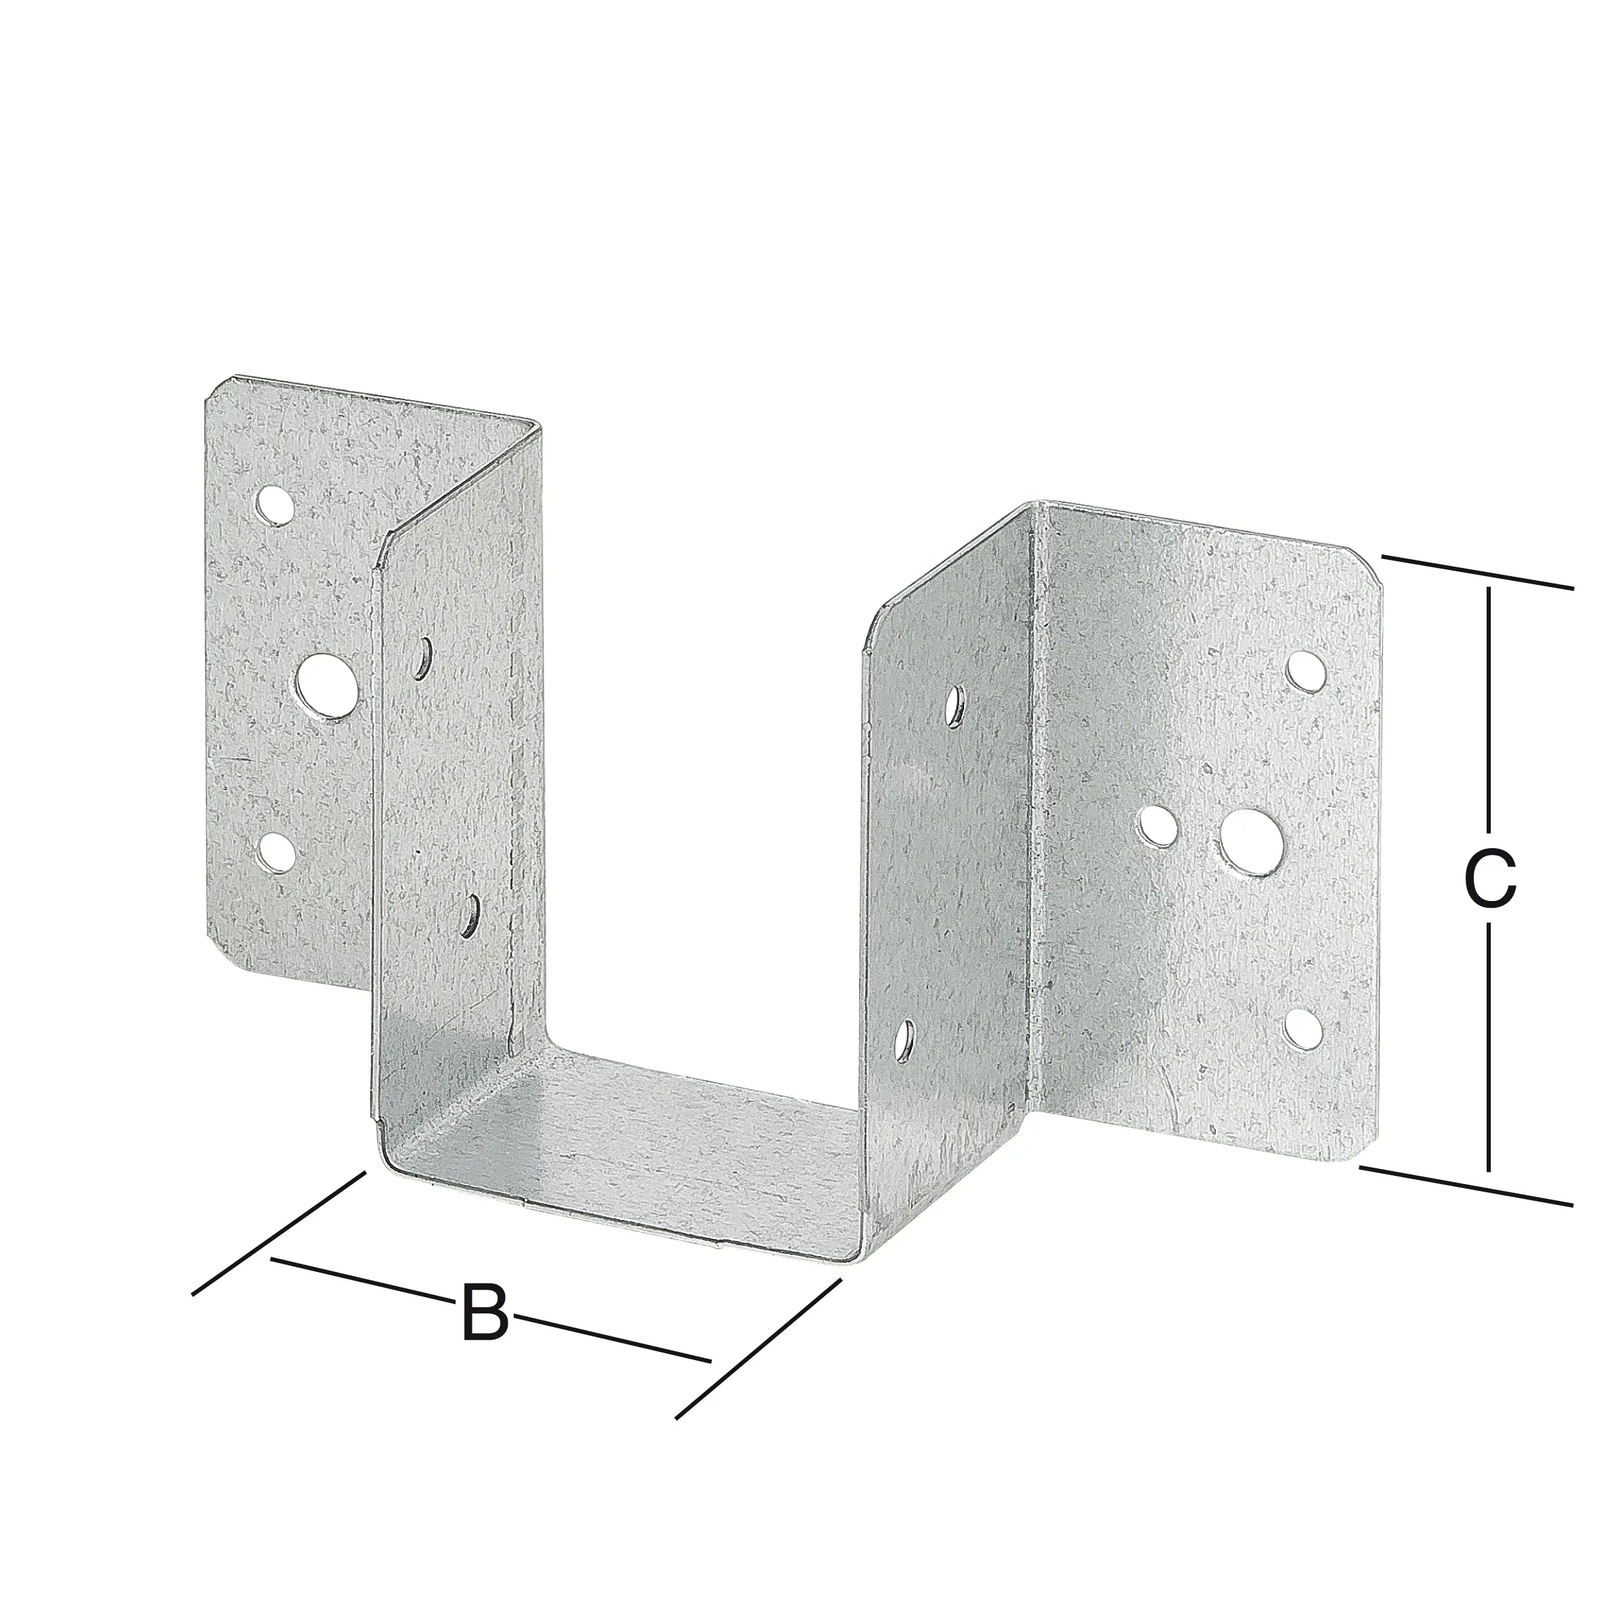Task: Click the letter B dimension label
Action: [484, 1313]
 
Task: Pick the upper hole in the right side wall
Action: [956, 703]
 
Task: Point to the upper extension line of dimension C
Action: [1476, 572]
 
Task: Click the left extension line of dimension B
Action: [278, 1234]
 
